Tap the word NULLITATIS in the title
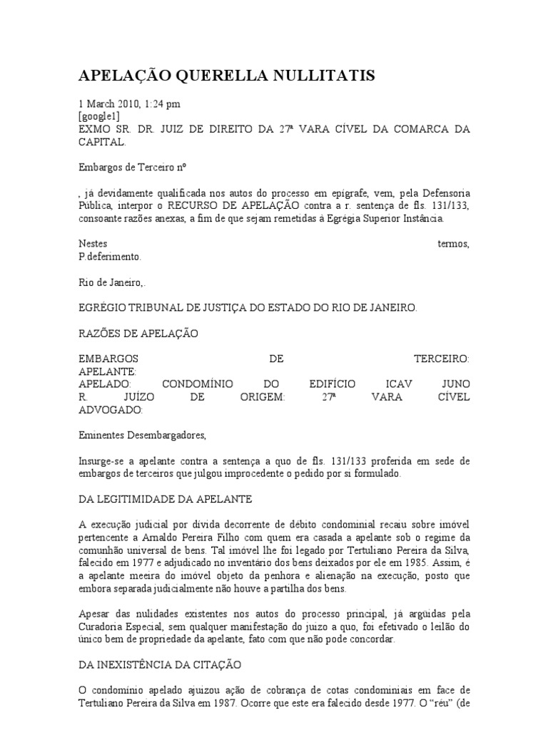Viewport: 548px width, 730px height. (x=335, y=75)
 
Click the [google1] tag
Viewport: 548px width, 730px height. (x=99, y=115)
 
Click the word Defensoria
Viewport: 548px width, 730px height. (x=442, y=193)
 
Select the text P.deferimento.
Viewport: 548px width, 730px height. (x=110, y=256)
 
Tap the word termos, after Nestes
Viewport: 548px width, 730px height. (x=453, y=244)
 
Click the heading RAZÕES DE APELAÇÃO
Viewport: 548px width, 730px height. (x=138, y=333)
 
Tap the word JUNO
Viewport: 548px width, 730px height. (x=456, y=384)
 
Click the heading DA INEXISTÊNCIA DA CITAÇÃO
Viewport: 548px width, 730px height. (x=160, y=664)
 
